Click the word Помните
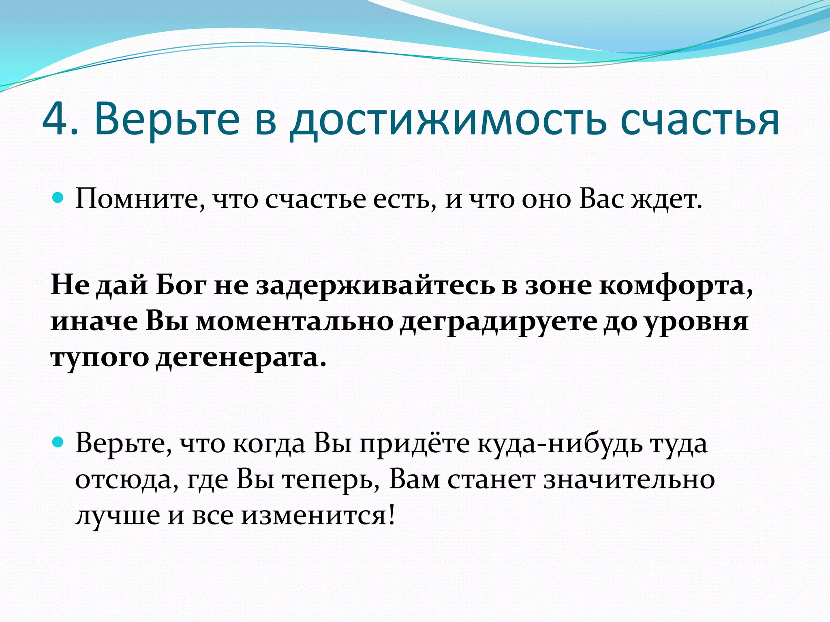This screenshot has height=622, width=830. pyautogui.click(x=140, y=199)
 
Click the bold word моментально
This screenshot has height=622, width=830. pyautogui.click(x=295, y=322)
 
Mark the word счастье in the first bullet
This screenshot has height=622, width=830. pyautogui.click(x=316, y=199)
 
